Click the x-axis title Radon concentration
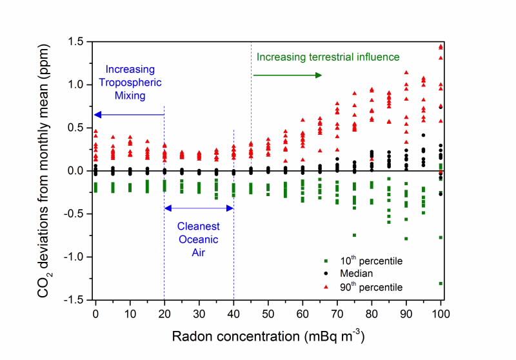coord(269,336)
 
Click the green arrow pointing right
coord(287,75)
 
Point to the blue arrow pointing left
coord(129,114)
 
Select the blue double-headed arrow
coord(199,208)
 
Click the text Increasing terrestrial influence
coord(328,57)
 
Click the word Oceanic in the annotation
coord(199,239)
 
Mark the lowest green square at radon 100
coord(441,283)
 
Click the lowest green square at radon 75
coord(354,235)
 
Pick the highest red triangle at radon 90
coord(406,72)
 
